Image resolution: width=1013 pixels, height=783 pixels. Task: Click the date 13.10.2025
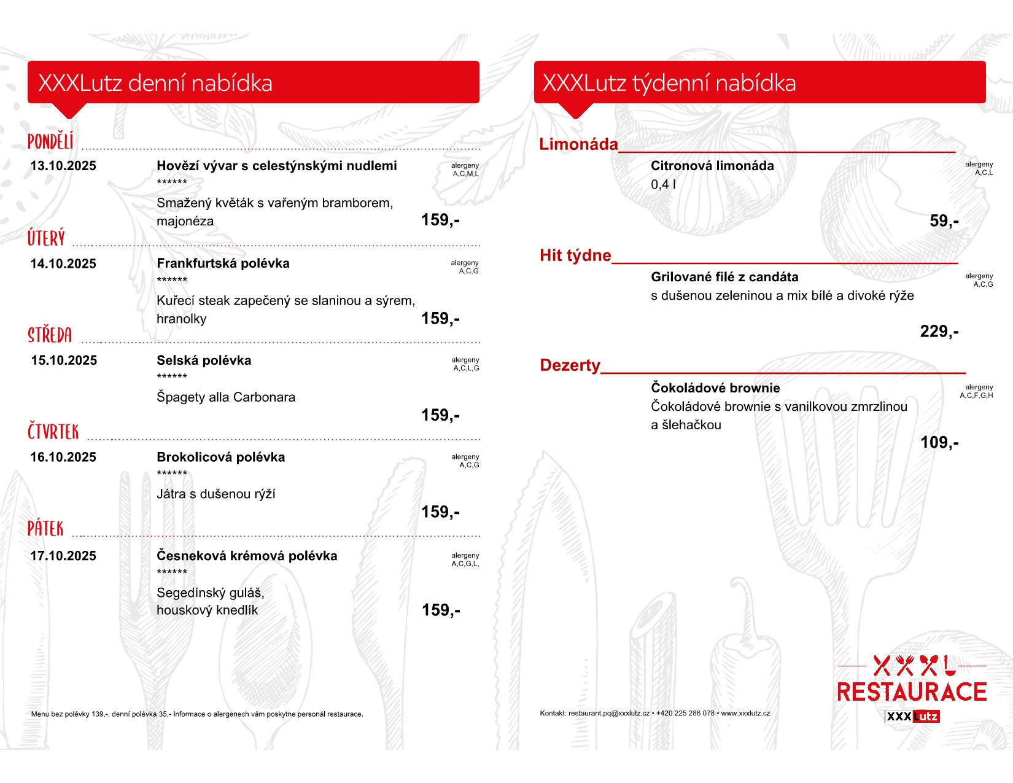pos(63,166)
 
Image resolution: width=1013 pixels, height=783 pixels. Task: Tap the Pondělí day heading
pos(50,142)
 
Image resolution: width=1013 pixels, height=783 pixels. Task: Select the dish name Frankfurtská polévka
pos(223,263)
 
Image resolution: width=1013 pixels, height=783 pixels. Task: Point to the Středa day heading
pos(50,335)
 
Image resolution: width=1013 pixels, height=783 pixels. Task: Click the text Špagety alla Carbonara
pos(226,397)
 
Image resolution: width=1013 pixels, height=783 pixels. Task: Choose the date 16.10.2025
pos(63,458)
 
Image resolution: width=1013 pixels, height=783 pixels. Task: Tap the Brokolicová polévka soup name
pos(221,458)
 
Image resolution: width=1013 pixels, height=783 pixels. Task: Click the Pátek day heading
pos(45,529)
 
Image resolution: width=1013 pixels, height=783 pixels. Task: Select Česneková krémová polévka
pos(247,556)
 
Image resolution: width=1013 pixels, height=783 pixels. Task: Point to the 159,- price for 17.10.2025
pos(441,610)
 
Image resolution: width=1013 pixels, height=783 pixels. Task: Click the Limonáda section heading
pos(578,144)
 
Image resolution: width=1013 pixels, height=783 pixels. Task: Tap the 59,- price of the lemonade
pos(944,221)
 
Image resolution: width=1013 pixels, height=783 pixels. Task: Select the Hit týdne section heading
pos(575,255)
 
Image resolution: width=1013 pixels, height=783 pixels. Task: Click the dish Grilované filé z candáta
pos(724,277)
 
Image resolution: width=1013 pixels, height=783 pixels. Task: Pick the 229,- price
pos(939,332)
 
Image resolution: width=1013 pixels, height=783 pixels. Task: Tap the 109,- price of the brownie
pos(939,443)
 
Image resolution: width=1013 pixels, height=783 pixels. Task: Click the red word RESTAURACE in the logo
pos(912,692)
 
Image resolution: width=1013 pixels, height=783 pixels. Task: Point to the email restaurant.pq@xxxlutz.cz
pos(608,714)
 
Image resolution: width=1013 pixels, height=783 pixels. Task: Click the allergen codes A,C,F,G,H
pos(976,395)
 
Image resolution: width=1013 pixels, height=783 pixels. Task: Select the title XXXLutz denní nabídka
pos(155,83)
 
